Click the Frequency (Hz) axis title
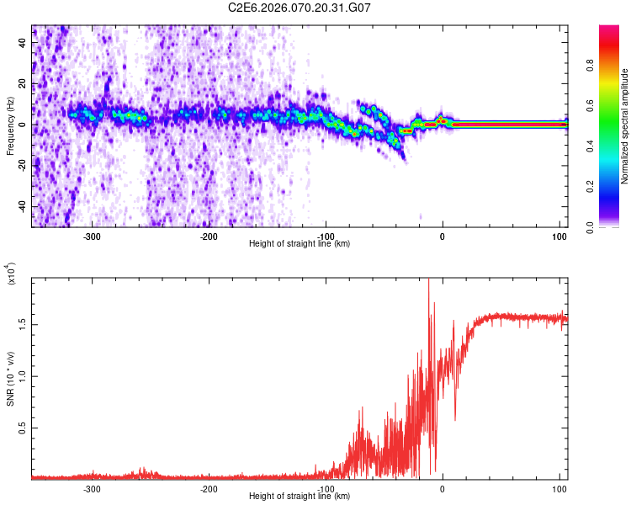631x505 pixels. [x=10, y=126]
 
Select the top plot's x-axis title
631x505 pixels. [x=300, y=244]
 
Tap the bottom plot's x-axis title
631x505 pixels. [x=300, y=496]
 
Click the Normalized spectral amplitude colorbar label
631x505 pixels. [x=625, y=126]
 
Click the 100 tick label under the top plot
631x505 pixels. [x=559, y=236]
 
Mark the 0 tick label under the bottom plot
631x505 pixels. [x=443, y=488]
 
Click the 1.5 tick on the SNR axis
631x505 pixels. [x=21, y=323]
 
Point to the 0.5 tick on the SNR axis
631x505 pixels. [x=21, y=428]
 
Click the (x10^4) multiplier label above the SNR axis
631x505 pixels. [x=12, y=274]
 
